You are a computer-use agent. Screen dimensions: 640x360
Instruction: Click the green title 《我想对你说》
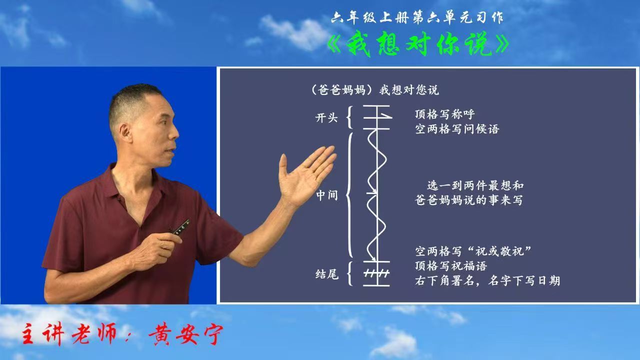coord(418,45)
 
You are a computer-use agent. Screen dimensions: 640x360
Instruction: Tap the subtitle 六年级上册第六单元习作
coord(417,18)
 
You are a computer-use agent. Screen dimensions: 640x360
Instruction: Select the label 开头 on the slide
coord(326,117)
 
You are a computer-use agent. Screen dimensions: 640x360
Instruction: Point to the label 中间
coord(327,195)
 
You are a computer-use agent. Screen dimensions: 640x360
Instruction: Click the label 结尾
coord(327,274)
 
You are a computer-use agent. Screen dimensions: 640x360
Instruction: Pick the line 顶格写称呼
coord(444,114)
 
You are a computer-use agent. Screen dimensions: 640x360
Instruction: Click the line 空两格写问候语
coord(457,129)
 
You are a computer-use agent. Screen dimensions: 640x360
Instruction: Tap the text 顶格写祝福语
coord(451,266)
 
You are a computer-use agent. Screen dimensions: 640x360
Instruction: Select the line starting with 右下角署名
coord(487,281)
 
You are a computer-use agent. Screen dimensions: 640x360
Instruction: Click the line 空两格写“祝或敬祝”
coord(473,251)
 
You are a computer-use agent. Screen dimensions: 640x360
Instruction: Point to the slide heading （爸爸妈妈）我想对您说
coord(375,90)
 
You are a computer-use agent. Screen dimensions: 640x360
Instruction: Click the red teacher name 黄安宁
coord(185,334)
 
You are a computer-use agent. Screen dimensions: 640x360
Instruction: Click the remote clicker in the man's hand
coord(181,227)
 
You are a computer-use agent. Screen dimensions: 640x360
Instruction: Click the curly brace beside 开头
coord(349,117)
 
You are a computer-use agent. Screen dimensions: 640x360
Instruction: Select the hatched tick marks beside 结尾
coord(376,273)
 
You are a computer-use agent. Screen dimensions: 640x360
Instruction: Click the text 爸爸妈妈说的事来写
coord(468,200)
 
